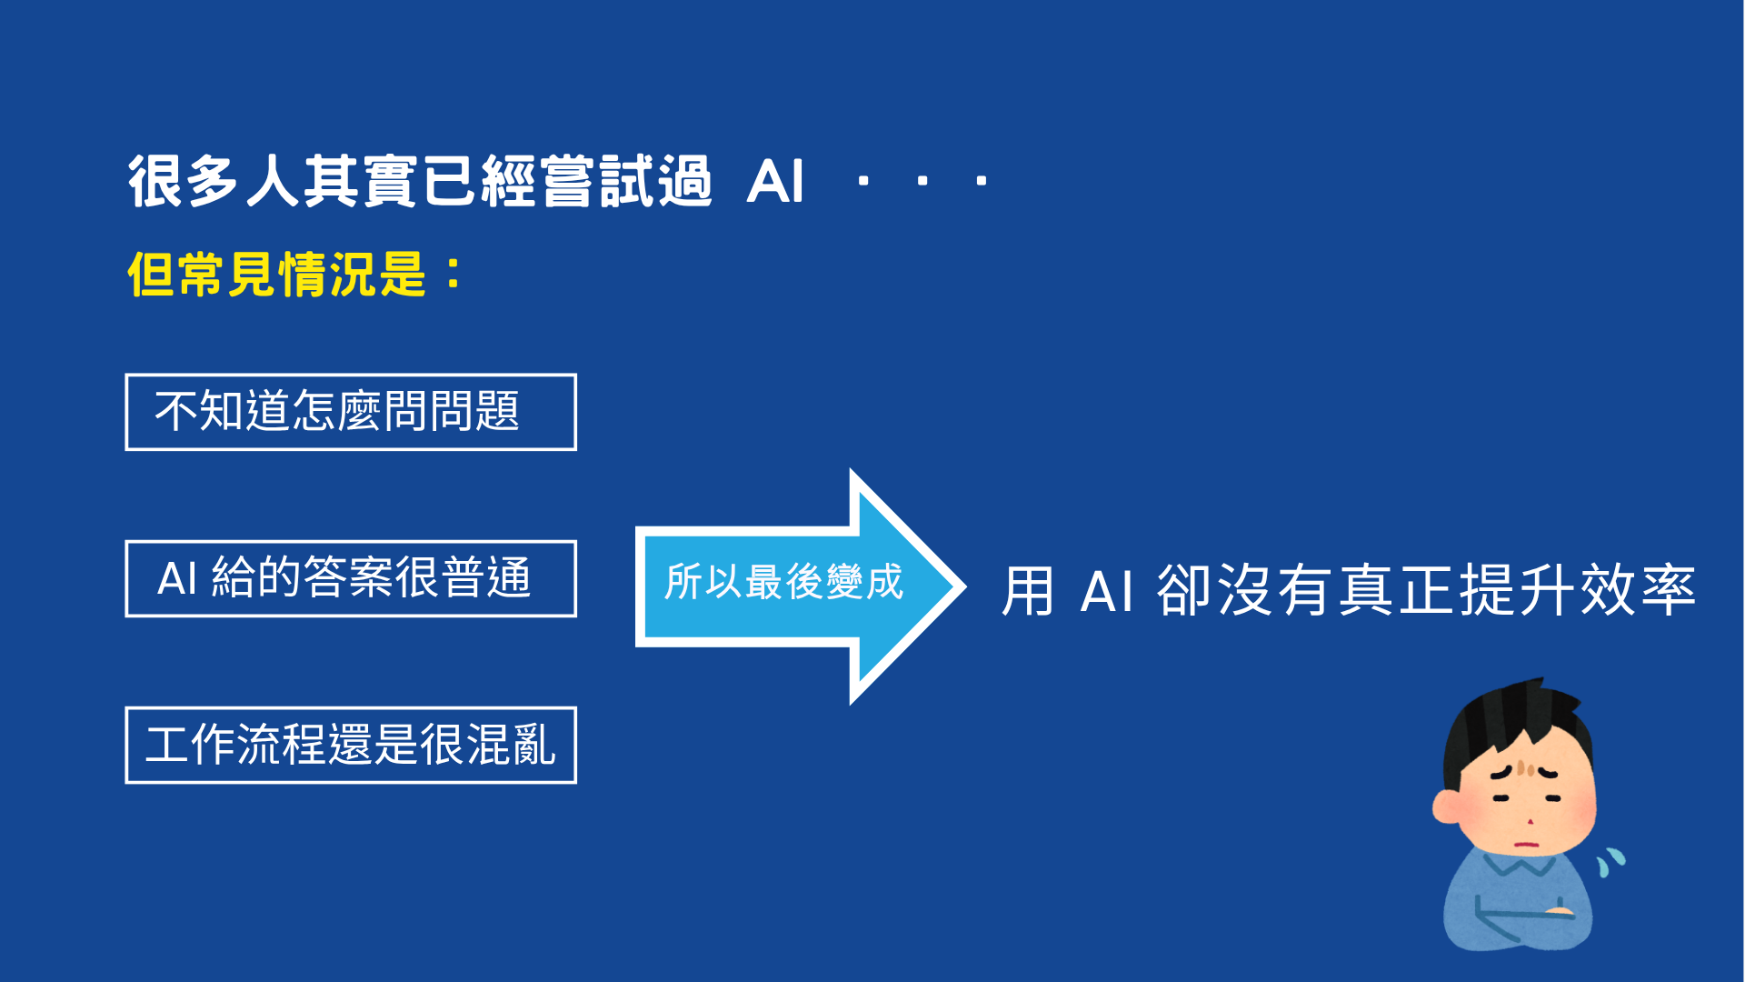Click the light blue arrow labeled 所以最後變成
coord(800,586)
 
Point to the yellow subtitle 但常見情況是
coord(277,274)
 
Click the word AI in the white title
coord(775,182)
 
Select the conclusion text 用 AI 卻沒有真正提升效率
coord(1348,590)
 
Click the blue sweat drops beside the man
coord(1610,861)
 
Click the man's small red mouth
coord(1528,845)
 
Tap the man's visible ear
coord(1447,806)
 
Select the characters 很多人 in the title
coord(214,182)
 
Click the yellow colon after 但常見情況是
coord(454,274)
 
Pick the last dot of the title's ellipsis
coord(982,181)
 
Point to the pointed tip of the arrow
coord(965,586)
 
